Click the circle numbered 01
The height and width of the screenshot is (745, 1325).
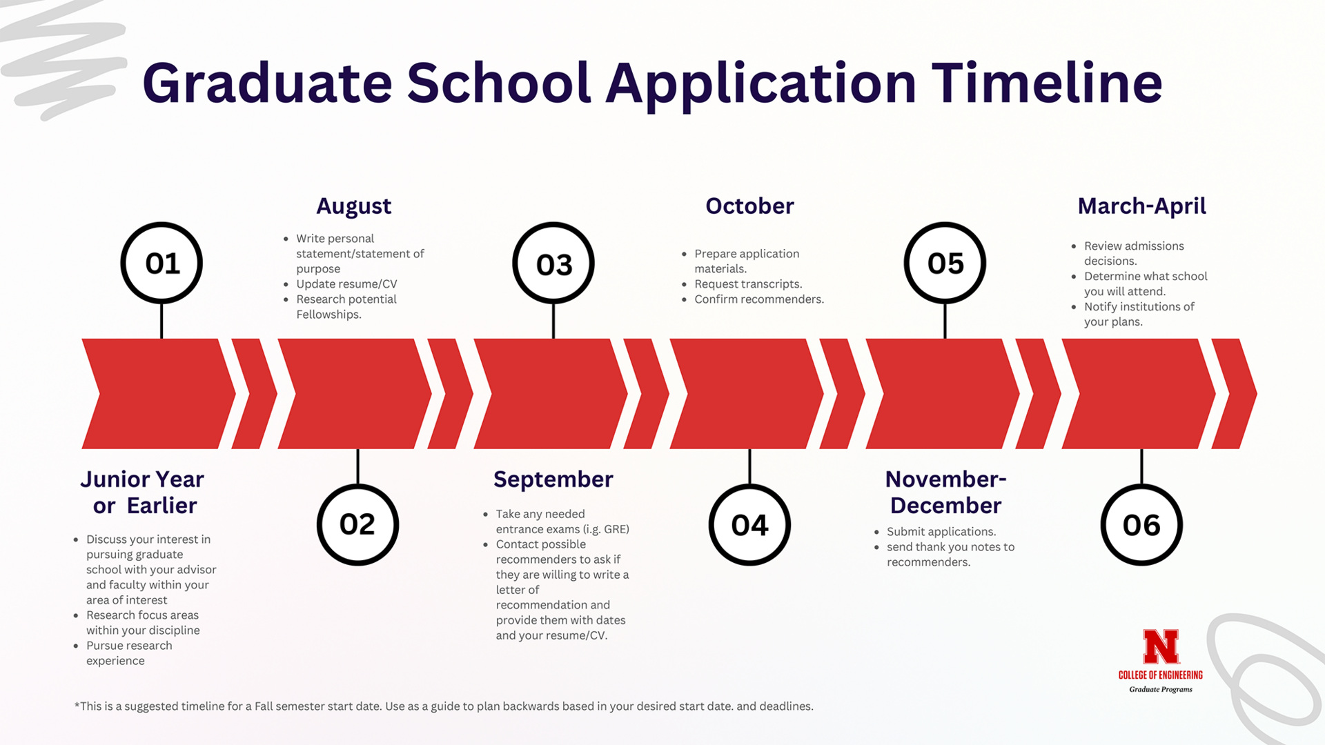[161, 263]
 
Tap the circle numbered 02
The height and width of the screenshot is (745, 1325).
[357, 524]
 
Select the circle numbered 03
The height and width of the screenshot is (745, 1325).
[553, 264]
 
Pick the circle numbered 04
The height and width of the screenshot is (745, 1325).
[749, 524]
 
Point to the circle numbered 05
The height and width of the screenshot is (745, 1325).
[945, 263]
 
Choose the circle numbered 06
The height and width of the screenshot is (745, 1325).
[1141, 524]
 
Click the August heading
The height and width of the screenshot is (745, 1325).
[353, 206]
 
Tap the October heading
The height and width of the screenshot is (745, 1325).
[749, 206]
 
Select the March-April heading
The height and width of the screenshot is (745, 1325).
[1141, 206]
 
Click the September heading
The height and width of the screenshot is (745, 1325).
[553, 479]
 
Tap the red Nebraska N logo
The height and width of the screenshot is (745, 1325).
[1161, 646]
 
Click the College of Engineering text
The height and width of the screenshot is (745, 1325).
[1160, 675]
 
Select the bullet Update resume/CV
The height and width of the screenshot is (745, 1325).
[346, 284]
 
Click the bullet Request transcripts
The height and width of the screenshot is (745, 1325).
[748, 284]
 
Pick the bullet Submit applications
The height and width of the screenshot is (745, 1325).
[941, 531]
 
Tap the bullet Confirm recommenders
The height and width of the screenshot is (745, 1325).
[759, 299]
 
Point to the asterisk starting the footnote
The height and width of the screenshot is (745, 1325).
[77, 705]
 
